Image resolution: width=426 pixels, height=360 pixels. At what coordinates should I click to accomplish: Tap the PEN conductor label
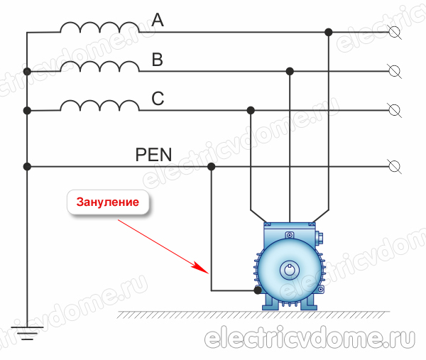click(154, 154)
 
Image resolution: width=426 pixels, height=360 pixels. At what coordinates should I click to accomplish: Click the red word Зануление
click(109, 202)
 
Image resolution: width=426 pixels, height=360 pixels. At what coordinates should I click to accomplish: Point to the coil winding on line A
click(99, 28)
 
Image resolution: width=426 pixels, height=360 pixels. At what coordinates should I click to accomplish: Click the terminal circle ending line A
click(395, 32)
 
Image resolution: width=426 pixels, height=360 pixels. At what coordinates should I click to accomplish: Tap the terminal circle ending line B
click(395, 71)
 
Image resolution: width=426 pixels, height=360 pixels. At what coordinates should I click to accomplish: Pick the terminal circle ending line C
click(395, 110)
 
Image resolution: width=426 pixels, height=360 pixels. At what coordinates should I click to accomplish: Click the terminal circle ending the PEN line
click(395, 167)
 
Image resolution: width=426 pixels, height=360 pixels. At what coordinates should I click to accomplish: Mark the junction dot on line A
click(328, 32)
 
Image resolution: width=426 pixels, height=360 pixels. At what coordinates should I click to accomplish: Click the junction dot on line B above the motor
click(290, 71)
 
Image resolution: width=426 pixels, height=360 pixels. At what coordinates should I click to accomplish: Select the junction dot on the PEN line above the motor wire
click(211, 167)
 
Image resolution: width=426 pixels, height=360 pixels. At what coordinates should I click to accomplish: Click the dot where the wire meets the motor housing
click(258, 290)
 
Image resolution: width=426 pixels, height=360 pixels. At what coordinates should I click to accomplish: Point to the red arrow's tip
click(207, 273)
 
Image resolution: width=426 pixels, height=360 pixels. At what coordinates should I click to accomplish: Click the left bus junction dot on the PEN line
click(26, 167)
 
